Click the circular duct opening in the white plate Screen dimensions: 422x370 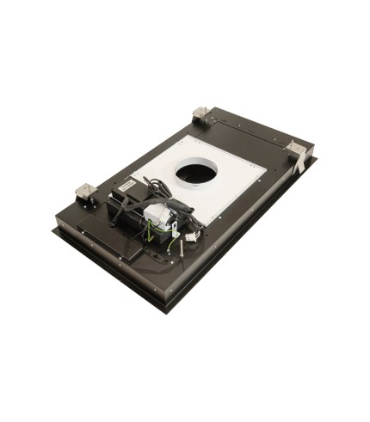pyautogui.click(x=197, y=172)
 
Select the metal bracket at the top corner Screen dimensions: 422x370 pyautogui.click(x=200, y=113)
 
